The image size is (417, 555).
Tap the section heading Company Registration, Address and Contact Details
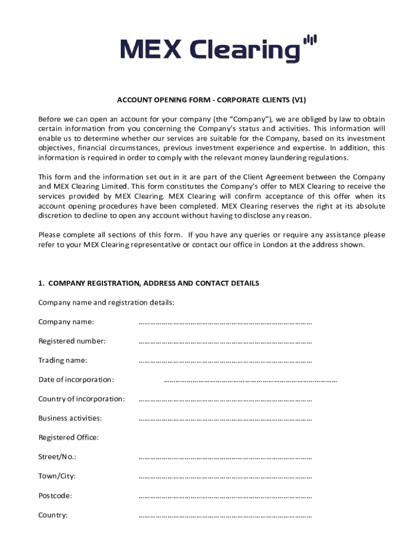148,283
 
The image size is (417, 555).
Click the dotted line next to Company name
225,323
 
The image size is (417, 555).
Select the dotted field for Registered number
225,343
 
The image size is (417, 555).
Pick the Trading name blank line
225,362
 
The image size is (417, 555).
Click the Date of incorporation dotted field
250,381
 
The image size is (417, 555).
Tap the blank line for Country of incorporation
225,400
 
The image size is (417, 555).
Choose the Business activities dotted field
225,420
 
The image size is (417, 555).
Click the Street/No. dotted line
225,458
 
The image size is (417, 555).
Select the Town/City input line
225,477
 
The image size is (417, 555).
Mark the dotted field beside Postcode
225,496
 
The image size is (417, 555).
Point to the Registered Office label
68,437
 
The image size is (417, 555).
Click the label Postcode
55,495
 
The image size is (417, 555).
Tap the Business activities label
70,418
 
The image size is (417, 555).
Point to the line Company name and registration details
106,302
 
